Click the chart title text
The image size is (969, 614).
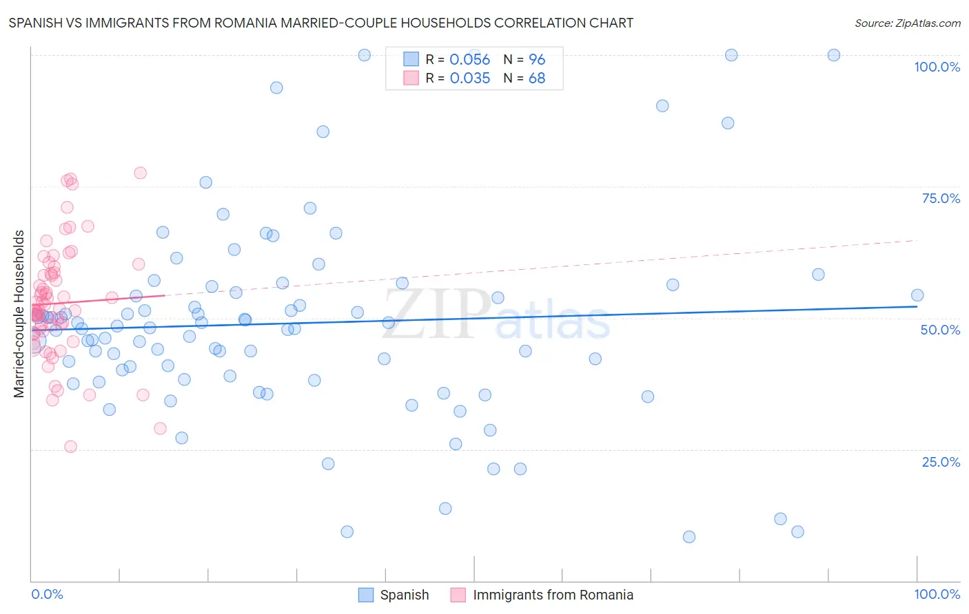point(320,23)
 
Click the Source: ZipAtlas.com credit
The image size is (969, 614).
point(907,23)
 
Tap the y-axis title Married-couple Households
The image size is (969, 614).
point(19,314)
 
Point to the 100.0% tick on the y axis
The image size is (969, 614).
point(937,67)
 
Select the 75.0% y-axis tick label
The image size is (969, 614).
point(941,198)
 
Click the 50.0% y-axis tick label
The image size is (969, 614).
point(940,330)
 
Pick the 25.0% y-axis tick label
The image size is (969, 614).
point(941,461)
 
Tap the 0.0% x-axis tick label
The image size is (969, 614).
point(47,594)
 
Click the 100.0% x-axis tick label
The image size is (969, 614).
point(937,594)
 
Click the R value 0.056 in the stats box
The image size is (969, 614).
point(469,60)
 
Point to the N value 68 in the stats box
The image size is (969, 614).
point(536,78)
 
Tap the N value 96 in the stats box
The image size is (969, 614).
point(536,60)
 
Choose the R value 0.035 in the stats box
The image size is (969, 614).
point(469,78)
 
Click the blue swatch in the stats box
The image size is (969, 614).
point(411,59)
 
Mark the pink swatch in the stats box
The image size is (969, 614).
point(411,78)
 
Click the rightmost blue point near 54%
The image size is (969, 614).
point(917,295)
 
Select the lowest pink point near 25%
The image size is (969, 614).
point(70,447)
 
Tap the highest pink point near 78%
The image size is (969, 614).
point(140,173)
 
